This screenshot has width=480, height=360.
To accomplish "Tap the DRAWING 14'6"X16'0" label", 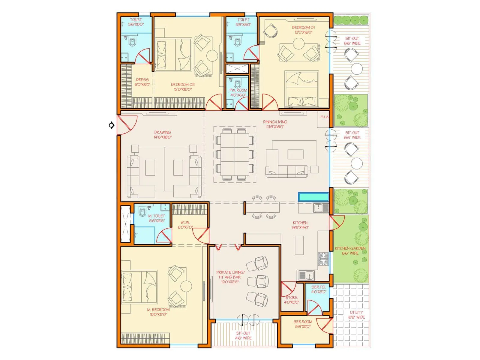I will coord(163,135).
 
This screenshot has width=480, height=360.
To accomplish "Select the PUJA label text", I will coord(324,117).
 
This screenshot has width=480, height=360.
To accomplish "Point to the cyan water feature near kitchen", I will coord(313,197).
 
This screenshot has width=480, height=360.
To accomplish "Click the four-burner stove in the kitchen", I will coord(323,259).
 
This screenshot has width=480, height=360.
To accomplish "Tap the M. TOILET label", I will coord(157,218).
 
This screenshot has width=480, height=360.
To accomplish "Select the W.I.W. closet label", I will coord(185,225).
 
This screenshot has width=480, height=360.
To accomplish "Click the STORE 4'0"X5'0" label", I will coord(291,300).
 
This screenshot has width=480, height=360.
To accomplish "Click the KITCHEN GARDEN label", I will coord(350,250).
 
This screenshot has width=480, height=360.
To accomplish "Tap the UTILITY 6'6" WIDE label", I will coord(356,315).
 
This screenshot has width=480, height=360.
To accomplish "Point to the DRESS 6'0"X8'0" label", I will coord(142,82).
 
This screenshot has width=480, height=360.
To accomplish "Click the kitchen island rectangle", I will coord(299,245).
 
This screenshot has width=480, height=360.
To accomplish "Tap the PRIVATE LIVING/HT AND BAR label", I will coord(230,277).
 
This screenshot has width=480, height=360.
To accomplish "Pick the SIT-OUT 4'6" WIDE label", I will coord(243,335).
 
